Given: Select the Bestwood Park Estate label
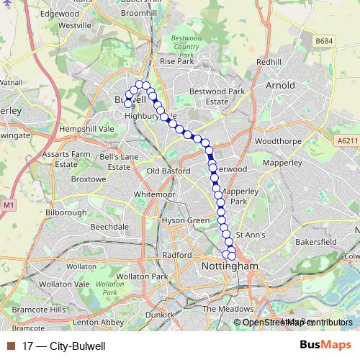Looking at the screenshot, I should tap(217, 96).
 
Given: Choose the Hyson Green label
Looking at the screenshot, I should tap(185, 220).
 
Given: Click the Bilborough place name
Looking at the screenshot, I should tap(66, 213).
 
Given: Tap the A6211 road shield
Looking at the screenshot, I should tap(348, 142).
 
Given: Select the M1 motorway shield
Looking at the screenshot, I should tap(9, 206).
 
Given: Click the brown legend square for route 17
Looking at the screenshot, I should tap(11, 346).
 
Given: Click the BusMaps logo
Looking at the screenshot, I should tap(325, 345).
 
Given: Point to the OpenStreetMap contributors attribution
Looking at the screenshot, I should tap(297, 322).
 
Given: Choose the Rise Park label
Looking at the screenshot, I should tap(177, 62).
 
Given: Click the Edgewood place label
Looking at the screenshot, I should tap(60, 13).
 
